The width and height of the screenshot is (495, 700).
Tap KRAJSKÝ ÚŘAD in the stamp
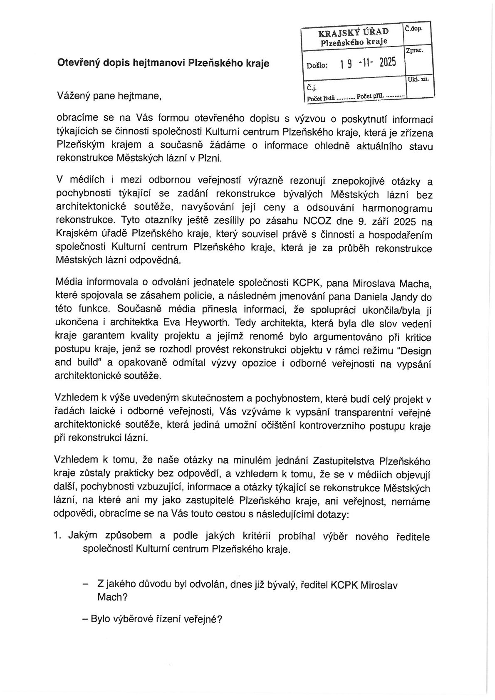[x=354, y=32]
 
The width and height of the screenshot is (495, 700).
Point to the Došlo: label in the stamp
[x=317, y=65]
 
